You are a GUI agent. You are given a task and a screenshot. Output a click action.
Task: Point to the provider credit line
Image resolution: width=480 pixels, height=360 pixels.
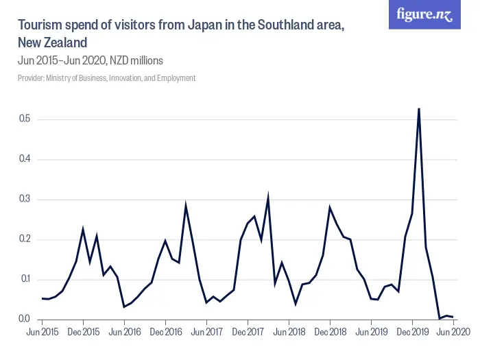[106, 78]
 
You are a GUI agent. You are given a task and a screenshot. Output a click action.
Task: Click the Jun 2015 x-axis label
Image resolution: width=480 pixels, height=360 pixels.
[42, 332]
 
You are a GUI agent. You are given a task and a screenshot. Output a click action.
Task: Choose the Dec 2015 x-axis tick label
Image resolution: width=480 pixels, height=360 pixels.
[83, 332]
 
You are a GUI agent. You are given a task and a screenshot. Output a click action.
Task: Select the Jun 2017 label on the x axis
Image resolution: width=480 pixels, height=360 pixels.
[206, 332]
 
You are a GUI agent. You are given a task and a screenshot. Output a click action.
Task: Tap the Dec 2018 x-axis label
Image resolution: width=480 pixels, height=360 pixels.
[330, 332]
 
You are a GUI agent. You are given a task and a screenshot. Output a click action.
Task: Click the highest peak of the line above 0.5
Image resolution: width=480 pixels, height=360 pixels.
[419, 109]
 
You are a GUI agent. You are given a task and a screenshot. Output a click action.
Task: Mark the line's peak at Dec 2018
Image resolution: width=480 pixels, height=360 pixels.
[330, 207]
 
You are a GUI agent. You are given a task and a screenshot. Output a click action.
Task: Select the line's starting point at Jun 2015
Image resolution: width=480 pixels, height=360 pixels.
[42, 298]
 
